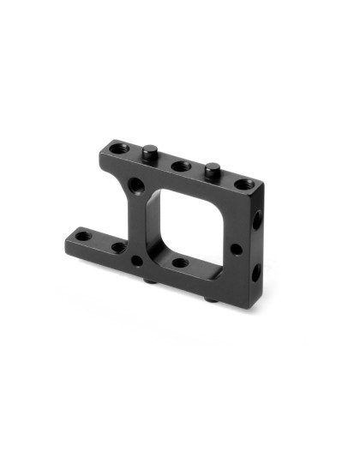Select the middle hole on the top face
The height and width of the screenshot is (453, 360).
pyautogui.click(x=180, y=165)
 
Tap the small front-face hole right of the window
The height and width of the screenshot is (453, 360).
pyautogui.click(x=235, y=250)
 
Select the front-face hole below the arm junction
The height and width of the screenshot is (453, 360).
pyautogui.click(x=137, y=258)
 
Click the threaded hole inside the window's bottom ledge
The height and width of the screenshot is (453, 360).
pyautogui.click(x=179, y=263)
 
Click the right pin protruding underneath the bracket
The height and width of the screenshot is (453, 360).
pyautogui.click(x=212, y=300)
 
